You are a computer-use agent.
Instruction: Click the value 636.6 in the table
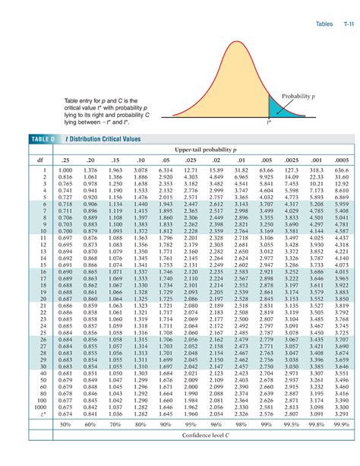(341, 170)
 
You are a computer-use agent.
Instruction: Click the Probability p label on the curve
(297, 97)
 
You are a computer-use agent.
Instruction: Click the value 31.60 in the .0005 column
(341, 177)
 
